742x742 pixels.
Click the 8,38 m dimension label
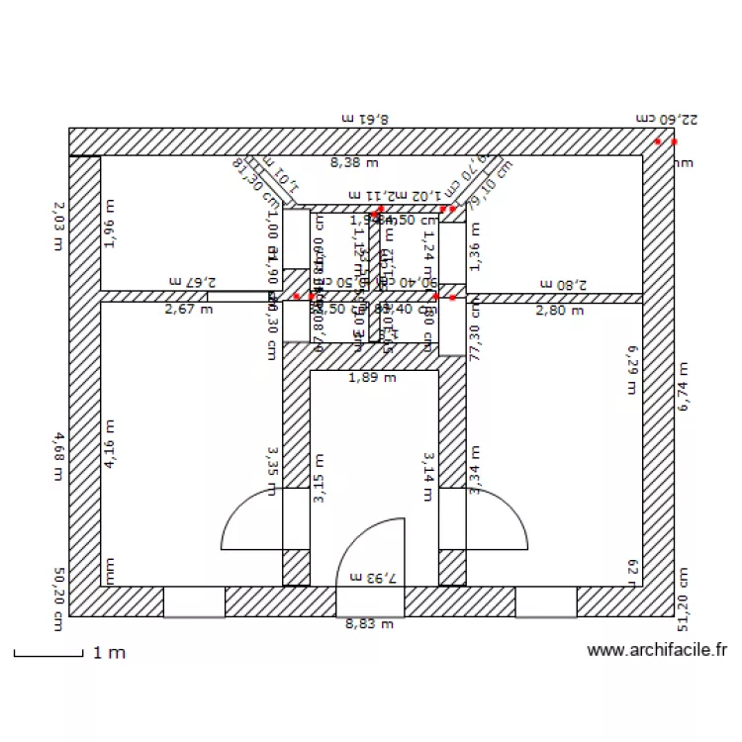[354, 162]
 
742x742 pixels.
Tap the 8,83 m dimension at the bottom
[369, 624]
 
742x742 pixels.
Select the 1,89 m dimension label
[373, 377]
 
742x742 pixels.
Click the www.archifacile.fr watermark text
[657, 651]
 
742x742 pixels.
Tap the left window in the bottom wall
[194, 602]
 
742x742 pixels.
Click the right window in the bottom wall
[545, 602]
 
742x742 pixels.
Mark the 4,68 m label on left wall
[59, 456]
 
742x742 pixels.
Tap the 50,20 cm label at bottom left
[59, 599]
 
